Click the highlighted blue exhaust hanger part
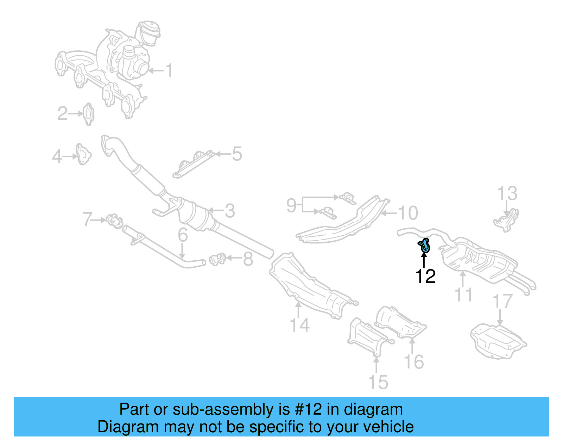425,245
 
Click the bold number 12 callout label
425,277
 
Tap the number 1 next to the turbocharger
169,70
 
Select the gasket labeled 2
88,114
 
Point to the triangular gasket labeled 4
83,154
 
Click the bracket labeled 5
194,165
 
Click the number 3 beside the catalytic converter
230,211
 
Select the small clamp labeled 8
217,260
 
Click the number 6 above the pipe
183,235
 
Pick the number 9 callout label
291,205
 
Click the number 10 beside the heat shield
407,213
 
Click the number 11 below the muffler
463,295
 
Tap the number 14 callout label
299,325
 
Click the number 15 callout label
378,382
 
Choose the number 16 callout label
414,362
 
